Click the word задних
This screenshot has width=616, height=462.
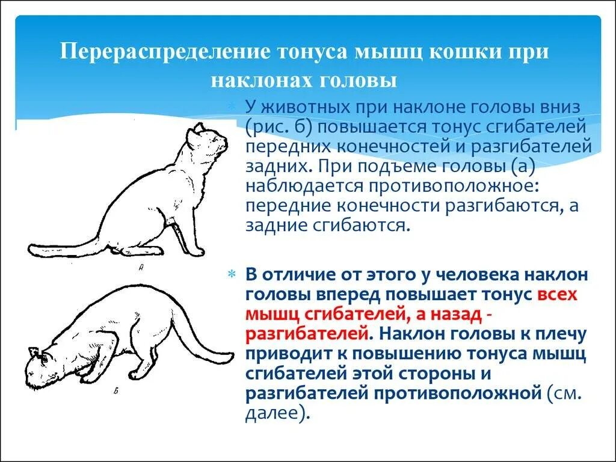[x=275, y=167]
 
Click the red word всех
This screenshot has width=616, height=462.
[x=557, y=295]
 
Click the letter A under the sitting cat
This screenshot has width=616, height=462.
[x=141, y=269]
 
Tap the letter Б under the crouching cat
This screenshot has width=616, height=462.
[x=115, y=392]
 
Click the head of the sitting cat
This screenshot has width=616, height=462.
[x=208, y=141]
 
